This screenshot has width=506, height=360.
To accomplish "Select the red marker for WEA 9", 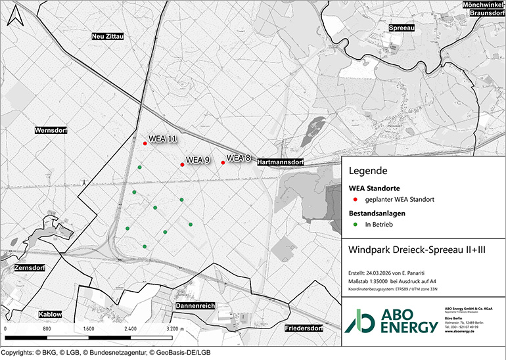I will click(182, 164).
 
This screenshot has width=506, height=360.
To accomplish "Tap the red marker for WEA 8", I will click(223, 162).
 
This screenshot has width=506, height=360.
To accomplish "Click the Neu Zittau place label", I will click(108, 37).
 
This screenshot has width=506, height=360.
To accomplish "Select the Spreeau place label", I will click(401, 28).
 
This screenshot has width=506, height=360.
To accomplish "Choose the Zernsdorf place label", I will click(28, 269).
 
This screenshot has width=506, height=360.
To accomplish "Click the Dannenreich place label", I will click(195, 306).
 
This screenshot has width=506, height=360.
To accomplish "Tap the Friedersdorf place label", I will click(306, 328).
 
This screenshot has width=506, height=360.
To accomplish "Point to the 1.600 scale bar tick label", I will click(89, 328).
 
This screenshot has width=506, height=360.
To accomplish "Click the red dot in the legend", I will click(355, 199).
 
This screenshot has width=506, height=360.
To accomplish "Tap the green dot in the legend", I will click(355, 224).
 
